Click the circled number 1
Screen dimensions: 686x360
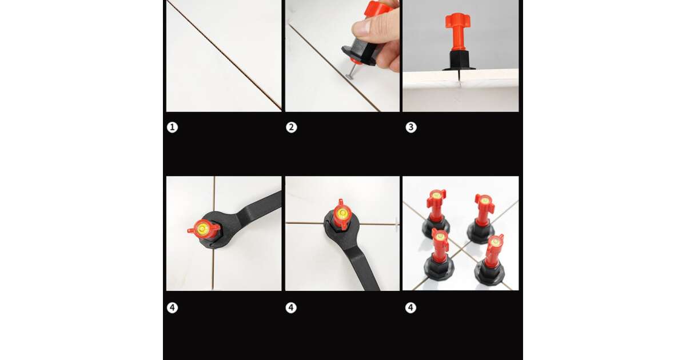coord(172,127)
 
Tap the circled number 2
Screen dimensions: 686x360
coord(291,127)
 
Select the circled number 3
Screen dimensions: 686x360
coord(411,127)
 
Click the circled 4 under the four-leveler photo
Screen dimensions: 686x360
coord(410,307)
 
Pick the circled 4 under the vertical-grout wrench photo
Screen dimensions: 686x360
coord(172,307)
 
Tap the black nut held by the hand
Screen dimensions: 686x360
coord(360,52)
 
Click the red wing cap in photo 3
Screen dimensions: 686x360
coord(457,21)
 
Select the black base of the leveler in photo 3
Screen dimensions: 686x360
coord(458,61)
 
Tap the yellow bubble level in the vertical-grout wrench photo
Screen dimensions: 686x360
coord(202,228)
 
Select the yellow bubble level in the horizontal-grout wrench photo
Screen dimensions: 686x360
coord(342,212)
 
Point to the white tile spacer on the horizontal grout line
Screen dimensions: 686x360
coord(397,225)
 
